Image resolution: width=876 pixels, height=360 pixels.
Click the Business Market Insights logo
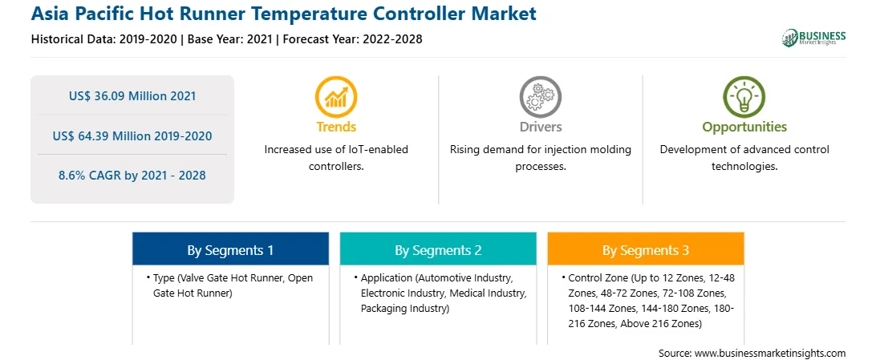(x=814, y=38)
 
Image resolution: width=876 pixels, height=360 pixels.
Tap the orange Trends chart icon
(x=336, y=96)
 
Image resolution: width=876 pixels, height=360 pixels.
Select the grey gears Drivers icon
(x=540, y=96)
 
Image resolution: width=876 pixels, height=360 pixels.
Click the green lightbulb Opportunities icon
(x=744, y=96)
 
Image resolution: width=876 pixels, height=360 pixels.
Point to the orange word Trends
(x=336, y=127)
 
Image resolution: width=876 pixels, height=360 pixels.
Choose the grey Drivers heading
(x=540, y=127)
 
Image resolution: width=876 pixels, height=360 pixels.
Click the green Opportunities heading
(x=744, y=127)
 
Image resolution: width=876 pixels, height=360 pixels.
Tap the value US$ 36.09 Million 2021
(x=132, y=96)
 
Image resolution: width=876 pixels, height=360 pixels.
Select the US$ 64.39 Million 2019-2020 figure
(x=132, y=136)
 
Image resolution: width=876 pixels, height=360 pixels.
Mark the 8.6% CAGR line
(x=132, y=176)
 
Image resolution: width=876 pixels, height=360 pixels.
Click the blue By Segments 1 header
(x=231, y=251)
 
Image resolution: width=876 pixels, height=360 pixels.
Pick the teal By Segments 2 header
(x=438, y=251)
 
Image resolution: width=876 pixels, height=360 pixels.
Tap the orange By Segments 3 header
(x=646, y=251)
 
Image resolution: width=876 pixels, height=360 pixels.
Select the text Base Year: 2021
(x=230, y=39)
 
